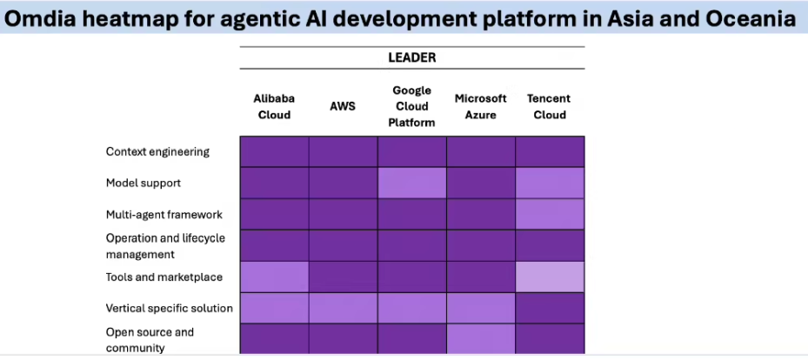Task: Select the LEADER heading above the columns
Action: (411, 57)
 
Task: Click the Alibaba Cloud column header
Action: (274, 106)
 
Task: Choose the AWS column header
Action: (343, 106)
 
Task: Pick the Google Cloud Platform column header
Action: (412, 106)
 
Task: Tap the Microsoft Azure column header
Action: (480, 106)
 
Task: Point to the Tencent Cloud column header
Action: (549, 106)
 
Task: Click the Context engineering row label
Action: (157, 151)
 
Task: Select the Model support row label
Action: (143, 183)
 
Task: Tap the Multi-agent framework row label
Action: (164, 214)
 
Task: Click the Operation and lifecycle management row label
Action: (164, 245)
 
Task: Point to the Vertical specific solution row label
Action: (169, 308)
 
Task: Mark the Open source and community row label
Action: (150, 339)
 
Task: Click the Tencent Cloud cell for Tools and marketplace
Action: (550, 277)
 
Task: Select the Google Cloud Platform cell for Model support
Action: (412, 183)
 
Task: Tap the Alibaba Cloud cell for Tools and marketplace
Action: (274, 277)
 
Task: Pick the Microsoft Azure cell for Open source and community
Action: (481, 338)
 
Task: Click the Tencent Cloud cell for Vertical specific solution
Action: (550, 308)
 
